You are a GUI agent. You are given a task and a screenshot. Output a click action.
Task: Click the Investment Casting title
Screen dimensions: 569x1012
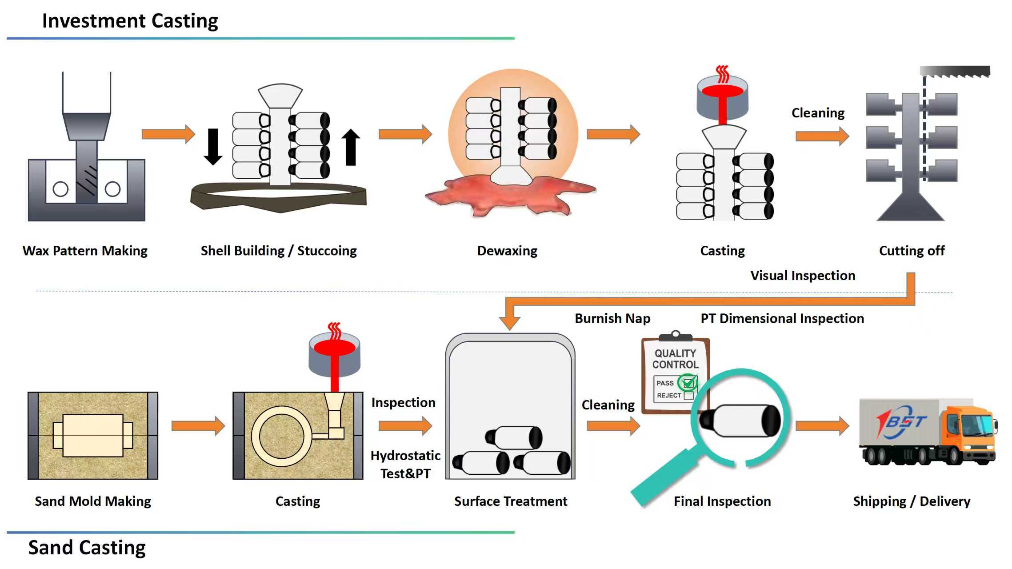(x=130, y=21)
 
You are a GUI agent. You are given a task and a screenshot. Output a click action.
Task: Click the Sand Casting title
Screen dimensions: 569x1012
(x=87, y=547)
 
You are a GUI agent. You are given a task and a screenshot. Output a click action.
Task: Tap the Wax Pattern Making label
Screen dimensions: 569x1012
(x=85, y=251)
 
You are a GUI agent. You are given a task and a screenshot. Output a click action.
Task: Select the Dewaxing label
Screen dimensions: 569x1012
(x=507, y=251)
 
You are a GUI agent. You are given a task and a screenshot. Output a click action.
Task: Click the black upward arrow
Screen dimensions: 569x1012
(x=351, y=147)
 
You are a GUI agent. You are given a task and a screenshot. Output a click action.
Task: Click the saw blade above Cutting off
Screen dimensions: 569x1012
(x=955, y=72)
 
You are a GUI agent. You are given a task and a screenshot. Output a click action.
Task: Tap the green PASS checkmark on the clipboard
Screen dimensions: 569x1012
(x=688, y=382)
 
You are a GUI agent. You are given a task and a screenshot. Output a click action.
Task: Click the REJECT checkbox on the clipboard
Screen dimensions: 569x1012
(x=689, y=395)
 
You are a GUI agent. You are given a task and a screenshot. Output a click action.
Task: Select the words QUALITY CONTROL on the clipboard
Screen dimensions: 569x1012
(x=675, y=359)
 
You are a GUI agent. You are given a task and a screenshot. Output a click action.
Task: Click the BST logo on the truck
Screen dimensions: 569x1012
(x=902, y=421)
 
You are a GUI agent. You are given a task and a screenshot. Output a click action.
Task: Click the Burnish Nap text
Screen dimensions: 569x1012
(x=612, y=318)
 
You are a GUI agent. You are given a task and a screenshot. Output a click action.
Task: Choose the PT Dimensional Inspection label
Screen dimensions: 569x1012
(x=782, y=318)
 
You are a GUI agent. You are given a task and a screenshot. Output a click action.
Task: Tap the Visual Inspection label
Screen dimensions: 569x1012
(x=803, y=276)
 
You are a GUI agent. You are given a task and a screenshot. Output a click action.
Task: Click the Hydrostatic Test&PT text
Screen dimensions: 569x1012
(x=405, y=465)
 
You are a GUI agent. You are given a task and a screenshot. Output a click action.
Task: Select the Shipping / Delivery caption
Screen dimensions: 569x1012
(x=912, y=501)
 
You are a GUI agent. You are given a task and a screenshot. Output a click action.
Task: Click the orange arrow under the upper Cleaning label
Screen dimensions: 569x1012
(x=822, y=136)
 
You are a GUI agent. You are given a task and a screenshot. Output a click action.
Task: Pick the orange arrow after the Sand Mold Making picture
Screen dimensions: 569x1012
(x=198, y=426)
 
